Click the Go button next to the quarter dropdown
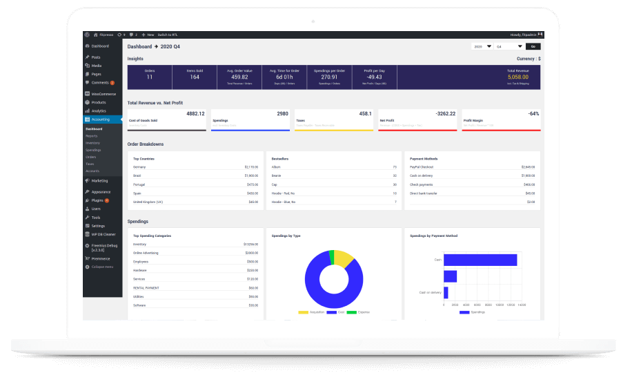[533, 46]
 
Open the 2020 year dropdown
[482, 46]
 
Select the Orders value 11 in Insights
[149, 77]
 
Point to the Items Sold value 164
[194, 77]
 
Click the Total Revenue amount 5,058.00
[518, 77]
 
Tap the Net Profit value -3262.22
[446, 113]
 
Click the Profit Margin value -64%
[533, 113]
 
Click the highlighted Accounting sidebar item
[101, 119]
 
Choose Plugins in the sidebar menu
[97, 200]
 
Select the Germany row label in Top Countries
[139, 166]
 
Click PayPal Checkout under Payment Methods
[423, 166]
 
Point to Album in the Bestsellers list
[277, 166]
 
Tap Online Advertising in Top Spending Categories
[146, 253]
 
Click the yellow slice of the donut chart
[342, 259]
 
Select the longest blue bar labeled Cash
[480, 260]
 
